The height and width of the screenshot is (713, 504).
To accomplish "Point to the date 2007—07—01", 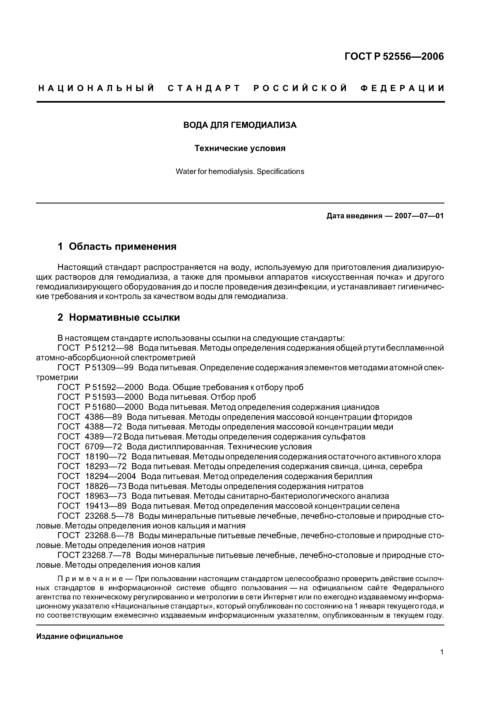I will point(419,216).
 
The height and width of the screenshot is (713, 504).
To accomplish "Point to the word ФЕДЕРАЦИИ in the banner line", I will point(402,88).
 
